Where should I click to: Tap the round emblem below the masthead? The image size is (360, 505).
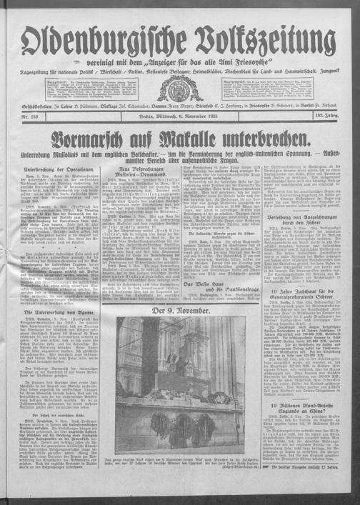tap(180, 89)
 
